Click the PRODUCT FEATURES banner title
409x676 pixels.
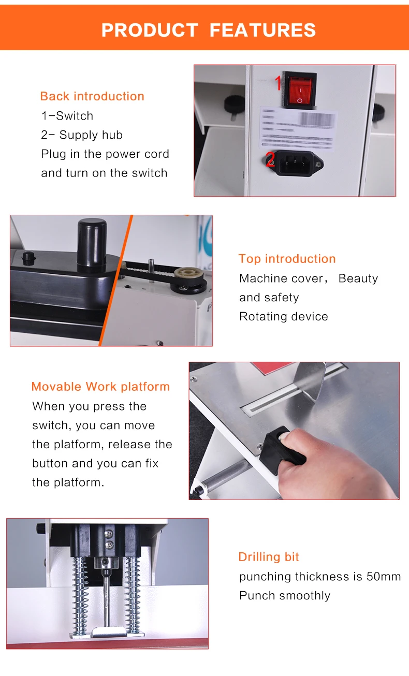(x=208, y=30)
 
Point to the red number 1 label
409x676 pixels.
(x=278, y=83)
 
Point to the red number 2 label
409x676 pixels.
(x=270, y=159)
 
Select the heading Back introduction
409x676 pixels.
(x=92, y=96)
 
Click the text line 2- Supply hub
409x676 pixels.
(x=82, y=135)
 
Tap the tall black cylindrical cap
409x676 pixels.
(x=92, y=244)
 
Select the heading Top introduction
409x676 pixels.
(x=287, y=259)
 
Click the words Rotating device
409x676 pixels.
(x=283, y=316)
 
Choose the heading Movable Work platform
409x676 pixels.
(x=100, y=387)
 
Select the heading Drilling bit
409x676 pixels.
(x=269, y=557)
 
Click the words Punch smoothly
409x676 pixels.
(x=284, y=596)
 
